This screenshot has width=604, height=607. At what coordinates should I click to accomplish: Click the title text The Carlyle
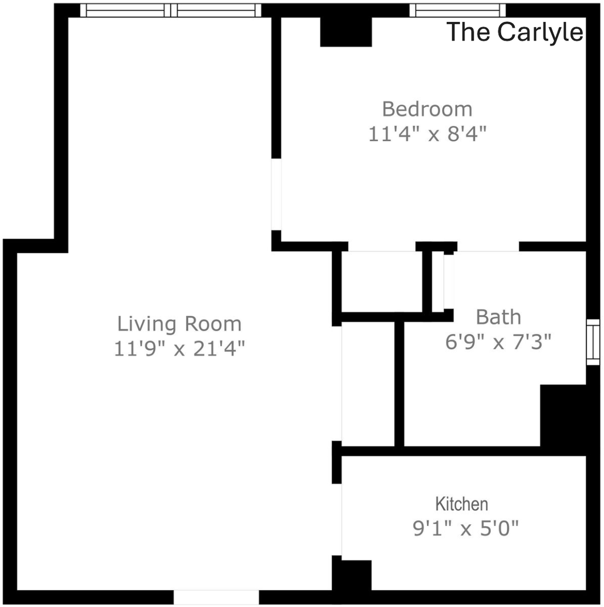point(515,31)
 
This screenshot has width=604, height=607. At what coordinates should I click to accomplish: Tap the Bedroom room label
point(427,109)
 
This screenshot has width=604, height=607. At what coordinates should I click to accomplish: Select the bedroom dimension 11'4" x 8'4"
point(427,134)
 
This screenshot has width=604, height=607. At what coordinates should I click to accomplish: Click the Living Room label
point(180,324)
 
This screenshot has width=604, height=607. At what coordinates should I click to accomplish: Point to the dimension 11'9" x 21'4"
point(180,348)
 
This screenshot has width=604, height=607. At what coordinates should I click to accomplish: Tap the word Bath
point(498,317)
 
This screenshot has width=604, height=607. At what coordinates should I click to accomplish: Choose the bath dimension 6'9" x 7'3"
point(498,342)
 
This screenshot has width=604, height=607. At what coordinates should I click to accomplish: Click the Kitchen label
point(462,504)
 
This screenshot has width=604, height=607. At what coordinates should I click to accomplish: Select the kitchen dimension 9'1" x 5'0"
point(466,528)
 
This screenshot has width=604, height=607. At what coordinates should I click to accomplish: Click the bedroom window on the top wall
point(457,11)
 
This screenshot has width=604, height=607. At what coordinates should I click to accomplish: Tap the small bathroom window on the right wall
point(593,342)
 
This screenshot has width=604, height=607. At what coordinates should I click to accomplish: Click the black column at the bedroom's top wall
point(346,31)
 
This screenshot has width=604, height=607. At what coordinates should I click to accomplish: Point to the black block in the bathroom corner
point(563,415)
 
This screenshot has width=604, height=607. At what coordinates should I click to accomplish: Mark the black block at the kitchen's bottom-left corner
point(352,575)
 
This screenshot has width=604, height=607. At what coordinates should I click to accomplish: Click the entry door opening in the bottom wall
point(216,597)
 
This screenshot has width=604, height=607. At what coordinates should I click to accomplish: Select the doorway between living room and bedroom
point(276,194)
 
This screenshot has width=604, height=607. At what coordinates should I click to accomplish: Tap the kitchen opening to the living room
point(337,519)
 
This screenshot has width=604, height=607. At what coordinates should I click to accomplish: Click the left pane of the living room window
point(125,11)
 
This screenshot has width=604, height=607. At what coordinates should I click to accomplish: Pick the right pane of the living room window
point(216,11)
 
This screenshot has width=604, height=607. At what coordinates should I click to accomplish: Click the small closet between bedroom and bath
point(382,282)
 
